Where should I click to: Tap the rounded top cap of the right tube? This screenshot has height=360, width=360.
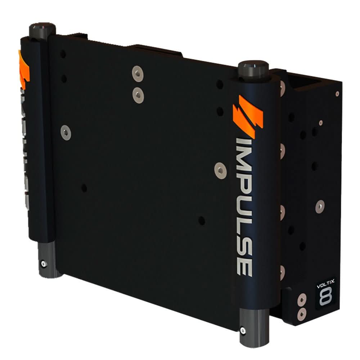click(253, 67)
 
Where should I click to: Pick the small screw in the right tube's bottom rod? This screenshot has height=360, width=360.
click(243, 330)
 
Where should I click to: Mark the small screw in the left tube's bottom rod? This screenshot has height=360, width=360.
click(44, 264)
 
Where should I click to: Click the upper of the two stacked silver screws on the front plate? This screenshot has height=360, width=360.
click(137, 73)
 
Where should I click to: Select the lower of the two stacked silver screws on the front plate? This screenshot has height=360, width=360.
click(137, 95)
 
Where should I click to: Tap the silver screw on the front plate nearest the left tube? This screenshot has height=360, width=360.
click(66, 133)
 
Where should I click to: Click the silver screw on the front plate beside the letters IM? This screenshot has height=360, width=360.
click(220, 170)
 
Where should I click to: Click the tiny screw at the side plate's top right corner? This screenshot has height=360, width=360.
click(337, 94)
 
